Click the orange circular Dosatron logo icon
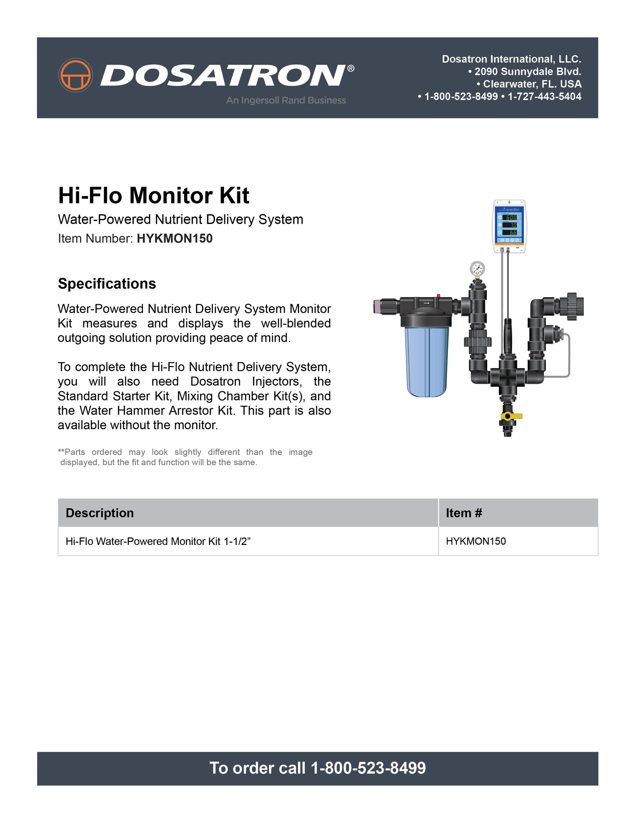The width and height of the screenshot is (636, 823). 75,75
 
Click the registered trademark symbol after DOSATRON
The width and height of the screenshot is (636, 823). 350,68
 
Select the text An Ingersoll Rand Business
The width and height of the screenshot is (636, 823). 286,100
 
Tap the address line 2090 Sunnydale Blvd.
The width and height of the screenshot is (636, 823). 524,71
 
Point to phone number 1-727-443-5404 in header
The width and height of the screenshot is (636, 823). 544,96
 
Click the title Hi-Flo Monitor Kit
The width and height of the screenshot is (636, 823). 153,195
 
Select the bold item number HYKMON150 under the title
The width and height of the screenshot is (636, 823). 175,239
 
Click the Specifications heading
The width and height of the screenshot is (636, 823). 107,284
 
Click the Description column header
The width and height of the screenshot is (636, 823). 100,513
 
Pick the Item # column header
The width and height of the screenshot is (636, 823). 464,513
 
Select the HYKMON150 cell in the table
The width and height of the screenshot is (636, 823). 476,541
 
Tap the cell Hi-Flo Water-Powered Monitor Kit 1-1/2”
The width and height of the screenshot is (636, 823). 158,541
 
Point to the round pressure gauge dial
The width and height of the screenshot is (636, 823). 477,269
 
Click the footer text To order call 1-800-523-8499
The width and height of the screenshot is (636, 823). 317,768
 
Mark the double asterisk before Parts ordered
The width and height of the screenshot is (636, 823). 61,451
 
